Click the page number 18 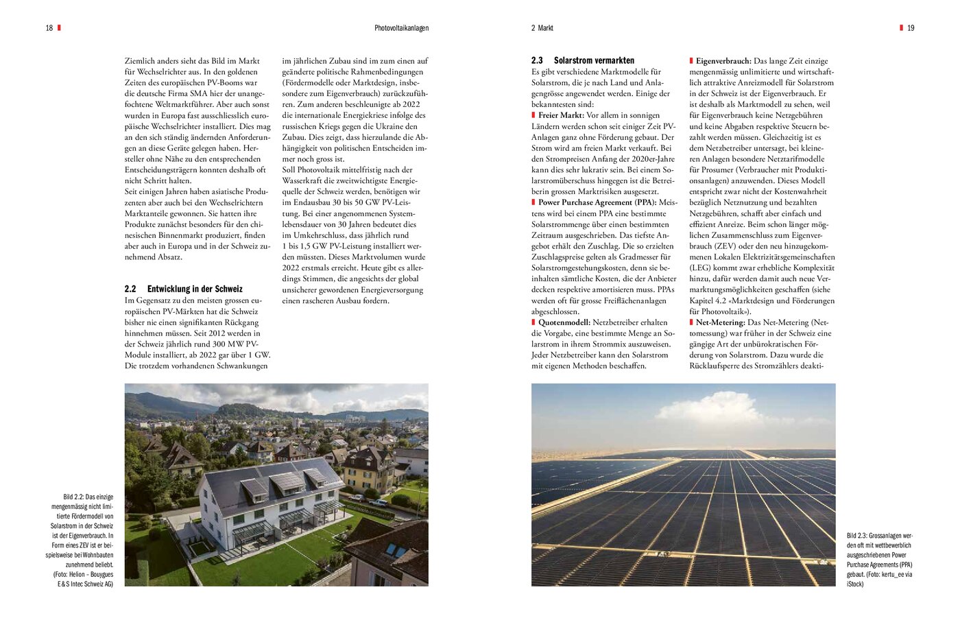(49, 28)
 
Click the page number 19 (910, 28)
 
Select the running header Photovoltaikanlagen (401, 28)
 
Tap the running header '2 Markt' (542, 28)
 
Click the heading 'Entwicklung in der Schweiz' (195, 289)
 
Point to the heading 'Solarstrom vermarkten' (594, 60)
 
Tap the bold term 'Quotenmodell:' (564, 322)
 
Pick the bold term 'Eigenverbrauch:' (723, 61)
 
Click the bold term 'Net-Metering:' (720, 322)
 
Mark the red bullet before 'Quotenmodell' (533, 322)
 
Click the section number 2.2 (130, 289)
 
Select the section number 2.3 (537, 60)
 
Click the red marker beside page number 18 (59, 27)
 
